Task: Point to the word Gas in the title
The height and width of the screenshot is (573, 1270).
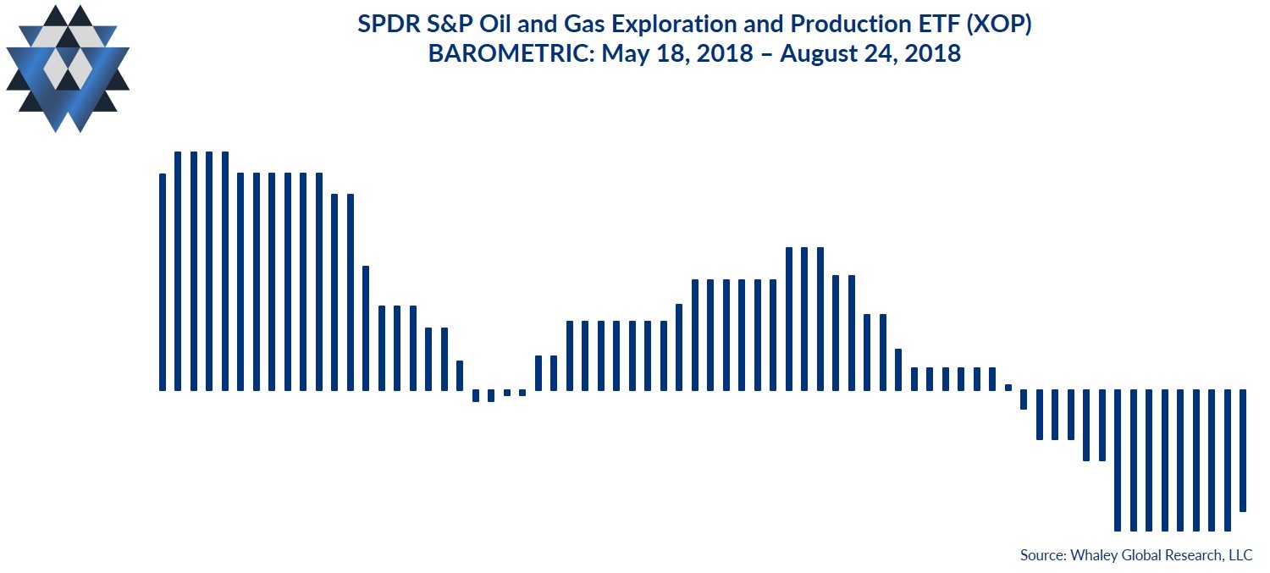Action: click(583, 25)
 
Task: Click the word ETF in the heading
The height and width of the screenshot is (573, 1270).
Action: click(936, 25)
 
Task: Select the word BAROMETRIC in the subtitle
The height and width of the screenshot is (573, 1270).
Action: click(510, 54)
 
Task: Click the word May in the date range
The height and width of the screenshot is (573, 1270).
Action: click(625, 55)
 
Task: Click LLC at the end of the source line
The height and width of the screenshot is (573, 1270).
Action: click(1240, 555)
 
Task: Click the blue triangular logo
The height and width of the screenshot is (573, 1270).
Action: click(68, 69)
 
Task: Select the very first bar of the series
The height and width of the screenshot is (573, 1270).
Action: click(163, 282)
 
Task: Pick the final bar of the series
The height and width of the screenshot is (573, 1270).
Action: click(1243, 450)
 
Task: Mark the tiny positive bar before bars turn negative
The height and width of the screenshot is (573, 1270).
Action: click(1008, 388)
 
